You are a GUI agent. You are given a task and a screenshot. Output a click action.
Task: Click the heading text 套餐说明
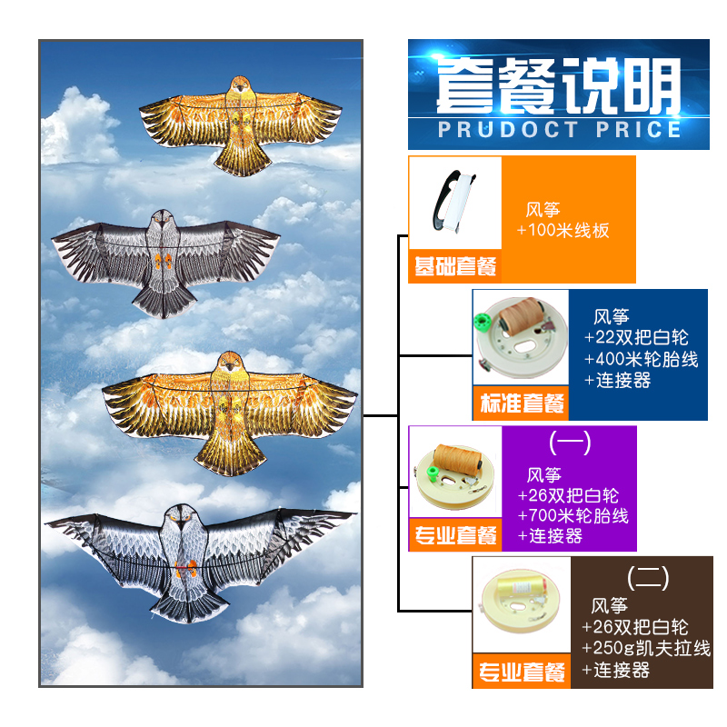558,86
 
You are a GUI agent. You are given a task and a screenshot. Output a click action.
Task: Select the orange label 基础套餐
455,267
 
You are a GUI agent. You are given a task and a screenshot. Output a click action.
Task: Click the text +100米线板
563,231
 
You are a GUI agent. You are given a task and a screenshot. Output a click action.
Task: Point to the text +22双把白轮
628,338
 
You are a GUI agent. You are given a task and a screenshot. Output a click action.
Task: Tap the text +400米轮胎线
642,359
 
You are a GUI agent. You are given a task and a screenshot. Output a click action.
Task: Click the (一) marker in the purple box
571,443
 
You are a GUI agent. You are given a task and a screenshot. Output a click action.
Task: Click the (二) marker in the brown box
649,576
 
